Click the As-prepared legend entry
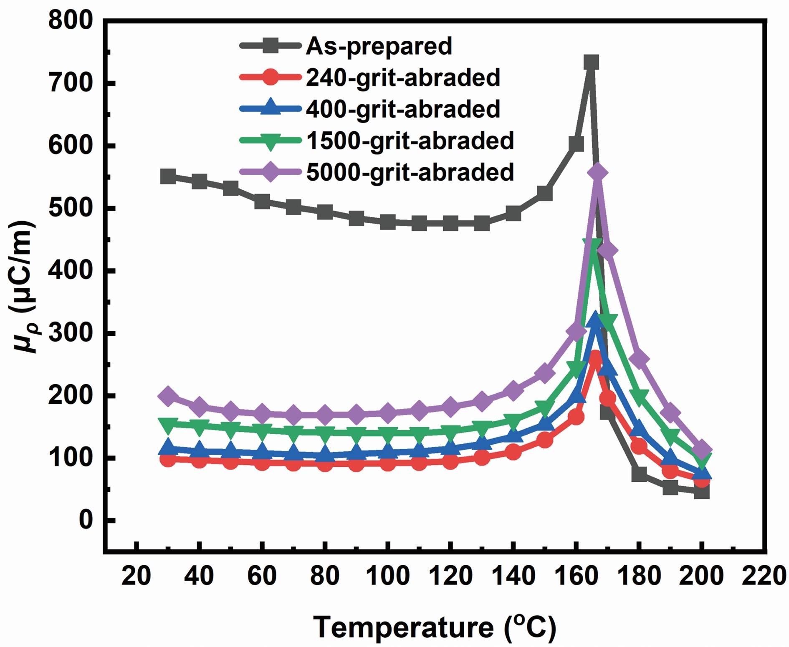379,45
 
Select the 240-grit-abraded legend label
403,78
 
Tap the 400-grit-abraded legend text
403,109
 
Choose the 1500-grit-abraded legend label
410,141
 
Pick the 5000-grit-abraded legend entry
410,172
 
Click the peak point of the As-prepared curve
591,63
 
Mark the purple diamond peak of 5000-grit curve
597,173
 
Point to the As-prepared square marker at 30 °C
168,176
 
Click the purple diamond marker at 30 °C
168,395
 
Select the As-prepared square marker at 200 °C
702,492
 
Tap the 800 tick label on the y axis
70,21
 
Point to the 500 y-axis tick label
70,208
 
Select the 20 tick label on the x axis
136,576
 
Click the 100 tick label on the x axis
388,576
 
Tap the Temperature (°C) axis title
435,627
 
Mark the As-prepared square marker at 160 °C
576,144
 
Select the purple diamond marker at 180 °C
639,359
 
